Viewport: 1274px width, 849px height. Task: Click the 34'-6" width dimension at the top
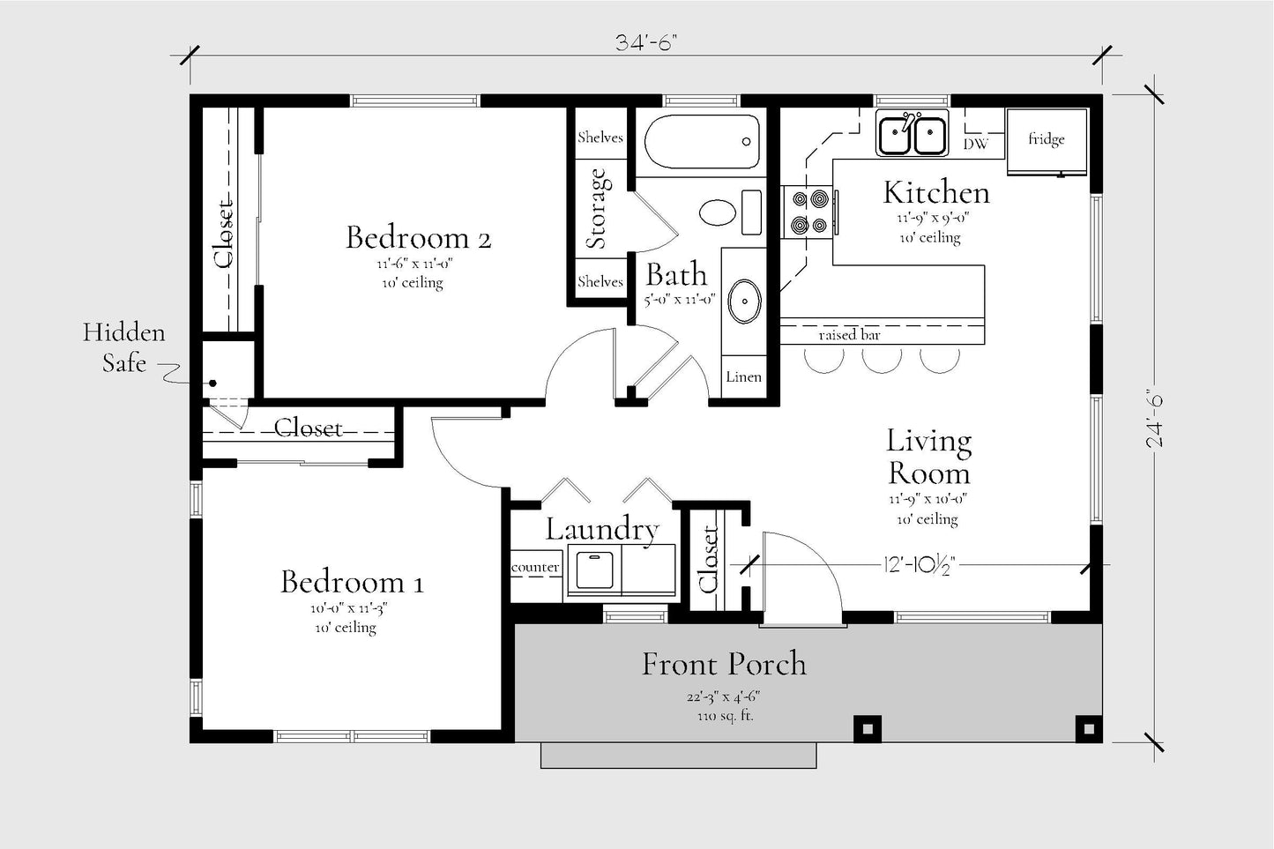click(646, 42)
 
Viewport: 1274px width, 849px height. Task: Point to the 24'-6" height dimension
click(1155, 419)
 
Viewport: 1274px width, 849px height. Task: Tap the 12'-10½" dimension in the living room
click(919, 565)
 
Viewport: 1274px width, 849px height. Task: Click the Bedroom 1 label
click(352, 581)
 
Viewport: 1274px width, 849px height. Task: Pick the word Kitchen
click(936, 192)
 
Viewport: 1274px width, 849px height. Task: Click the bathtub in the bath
click(702, 142)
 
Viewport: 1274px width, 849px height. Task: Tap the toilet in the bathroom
click(731, 212)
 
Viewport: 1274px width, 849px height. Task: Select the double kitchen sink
click(913, 134)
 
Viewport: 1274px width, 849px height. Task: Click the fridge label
click(1046, 138)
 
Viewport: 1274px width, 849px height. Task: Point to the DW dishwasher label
click(976, 144)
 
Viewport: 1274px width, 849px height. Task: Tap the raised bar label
click(849, 335)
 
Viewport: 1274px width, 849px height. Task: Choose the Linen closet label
click(743, 376)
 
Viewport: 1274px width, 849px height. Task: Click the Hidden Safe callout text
click(124, 346)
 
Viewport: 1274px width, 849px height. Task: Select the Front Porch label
click(724, 664)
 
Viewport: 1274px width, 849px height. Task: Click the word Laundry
click(602, 530)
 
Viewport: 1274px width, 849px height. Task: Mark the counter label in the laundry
click(534, 567)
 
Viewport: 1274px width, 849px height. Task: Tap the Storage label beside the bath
click(598, 209)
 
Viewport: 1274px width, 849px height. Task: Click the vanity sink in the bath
click(744, 302)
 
